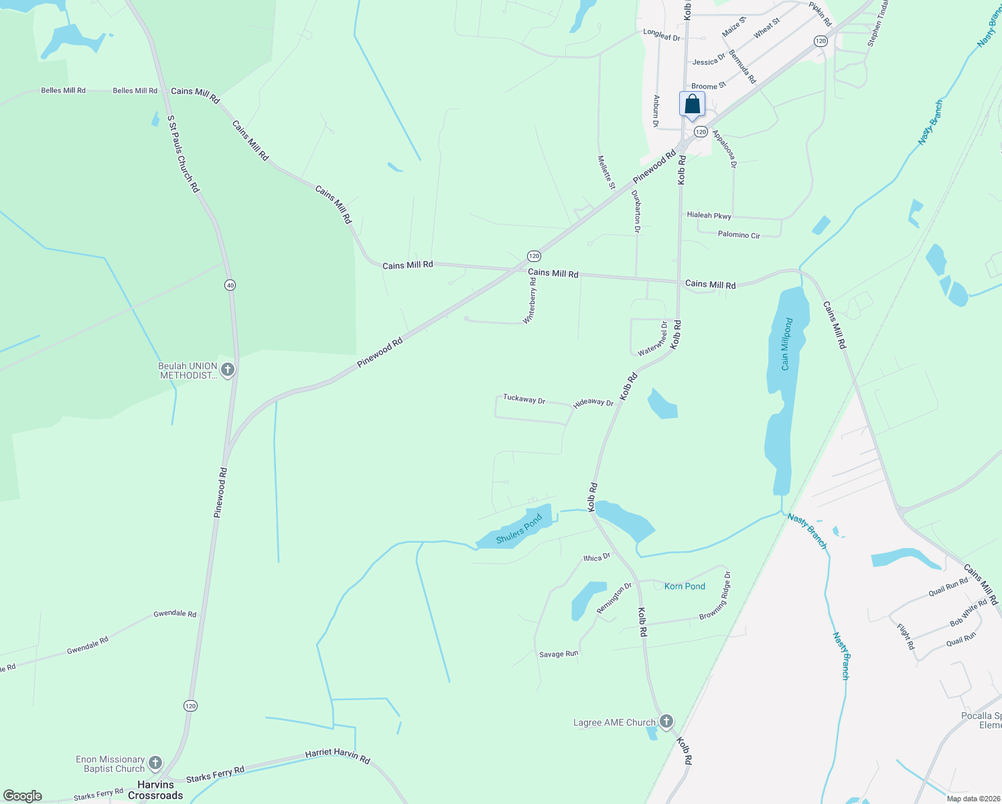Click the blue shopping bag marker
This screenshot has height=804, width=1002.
tap(692, 105)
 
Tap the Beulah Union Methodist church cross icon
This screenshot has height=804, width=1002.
tap(228, 370)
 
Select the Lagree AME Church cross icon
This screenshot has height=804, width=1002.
tap(666, 722)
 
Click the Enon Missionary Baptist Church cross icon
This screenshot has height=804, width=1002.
tap(155, 763)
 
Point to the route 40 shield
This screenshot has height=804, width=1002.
tap(230, 285)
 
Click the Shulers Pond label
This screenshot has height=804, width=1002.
tap(519, 529)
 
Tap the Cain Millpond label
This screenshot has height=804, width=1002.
tap(787, 344)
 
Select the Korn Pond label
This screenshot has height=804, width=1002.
tap(685, 586)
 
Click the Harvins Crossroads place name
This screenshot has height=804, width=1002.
tap(155, 790)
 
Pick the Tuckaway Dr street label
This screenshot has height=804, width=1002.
tap(524, 399)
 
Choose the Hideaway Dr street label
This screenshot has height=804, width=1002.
tap(593, 403)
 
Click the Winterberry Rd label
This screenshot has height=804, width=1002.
tap(530, 301)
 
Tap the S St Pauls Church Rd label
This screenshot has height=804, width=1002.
tap(184, 154)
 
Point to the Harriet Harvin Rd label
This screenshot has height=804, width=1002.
tap(338, 756)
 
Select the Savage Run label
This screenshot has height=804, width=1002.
tap(559, 654)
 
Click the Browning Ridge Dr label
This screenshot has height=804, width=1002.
tap(715, 596)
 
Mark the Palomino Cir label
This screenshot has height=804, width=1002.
tap(739, 235)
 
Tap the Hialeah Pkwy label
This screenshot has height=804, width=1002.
tap(709, 215)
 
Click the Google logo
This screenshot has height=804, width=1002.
tap(23, 796)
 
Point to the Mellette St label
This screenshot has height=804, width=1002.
tap(606, 172)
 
